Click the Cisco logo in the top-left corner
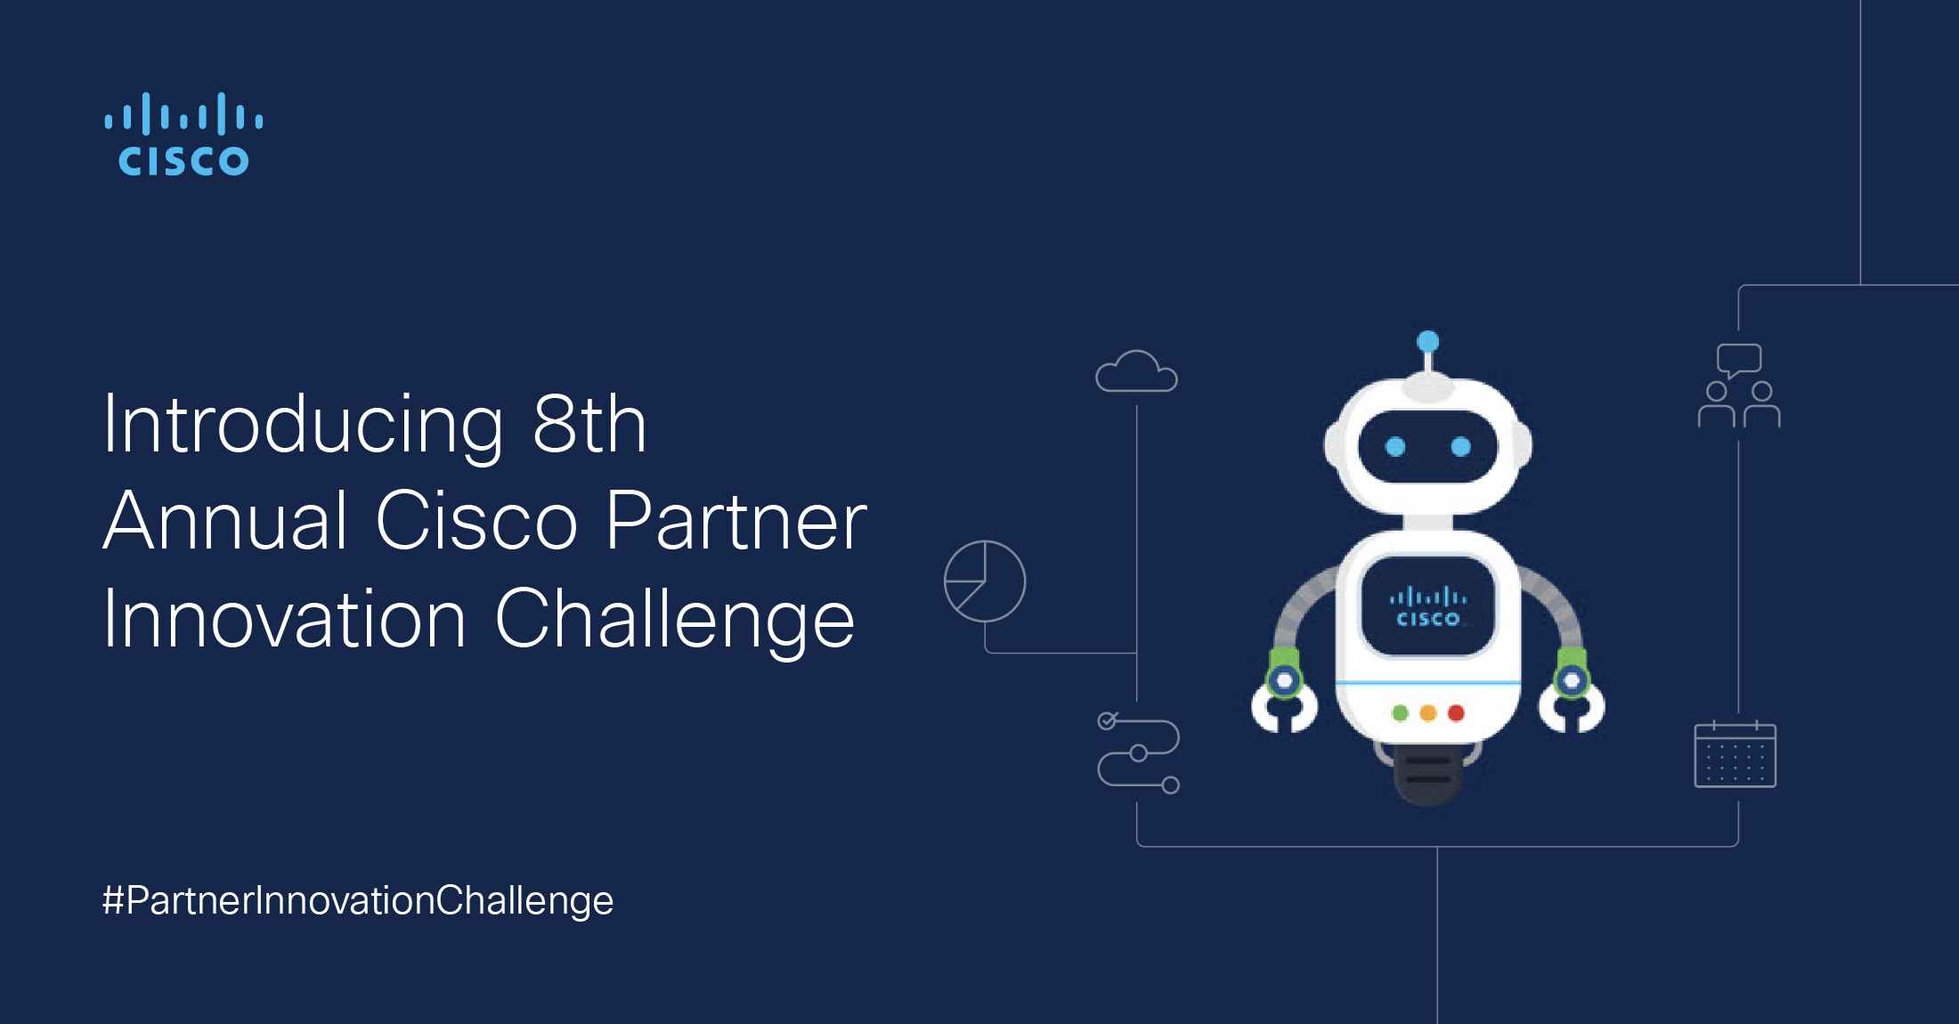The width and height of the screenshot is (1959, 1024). (183, 134)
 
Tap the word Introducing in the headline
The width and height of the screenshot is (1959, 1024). (303, 426)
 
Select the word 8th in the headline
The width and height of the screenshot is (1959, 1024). (589, 426)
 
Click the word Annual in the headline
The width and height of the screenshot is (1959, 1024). (225, 522)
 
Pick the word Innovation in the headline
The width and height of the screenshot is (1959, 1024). (284, 620)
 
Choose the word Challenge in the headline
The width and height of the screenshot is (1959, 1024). (674, 622)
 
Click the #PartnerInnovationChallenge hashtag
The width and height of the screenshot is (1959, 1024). (358, 900)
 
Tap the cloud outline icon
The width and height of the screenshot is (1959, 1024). (1136, 372)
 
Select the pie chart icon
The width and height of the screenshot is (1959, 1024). (985, 581)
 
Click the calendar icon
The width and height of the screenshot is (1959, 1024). (1735, 754)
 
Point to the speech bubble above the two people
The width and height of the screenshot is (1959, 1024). (1739, 359)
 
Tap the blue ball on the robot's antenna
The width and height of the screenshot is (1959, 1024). (1428, 341)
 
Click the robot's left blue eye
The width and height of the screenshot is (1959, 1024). (1395, 446)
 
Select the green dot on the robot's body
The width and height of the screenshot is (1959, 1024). (1400, 713)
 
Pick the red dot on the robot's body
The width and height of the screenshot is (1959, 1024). (1457, 713)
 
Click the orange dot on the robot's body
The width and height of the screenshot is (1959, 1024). (1428, 713)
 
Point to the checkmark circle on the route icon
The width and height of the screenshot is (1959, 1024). (1107, 720)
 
